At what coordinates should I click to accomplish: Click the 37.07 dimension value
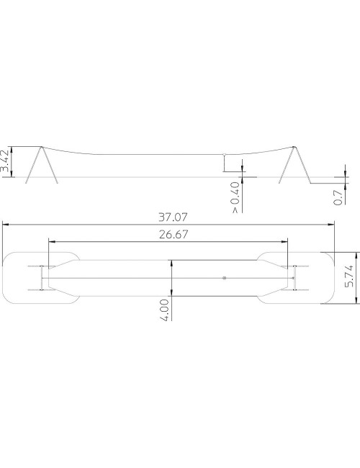173,217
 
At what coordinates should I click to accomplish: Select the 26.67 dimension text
174,235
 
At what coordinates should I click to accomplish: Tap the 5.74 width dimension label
348,276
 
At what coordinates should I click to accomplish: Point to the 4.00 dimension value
164,310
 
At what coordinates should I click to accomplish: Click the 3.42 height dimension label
6,161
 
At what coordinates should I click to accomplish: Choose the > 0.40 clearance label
235,197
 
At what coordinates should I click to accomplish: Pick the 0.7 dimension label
338,197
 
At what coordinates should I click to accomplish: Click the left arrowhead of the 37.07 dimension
5,224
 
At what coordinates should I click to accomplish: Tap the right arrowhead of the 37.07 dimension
331,224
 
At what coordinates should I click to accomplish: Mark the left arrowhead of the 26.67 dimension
51,241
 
